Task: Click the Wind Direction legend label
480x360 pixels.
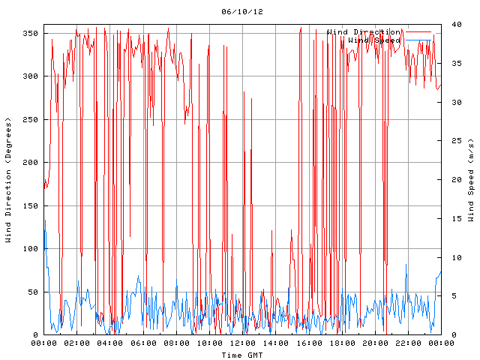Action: coord(364,32)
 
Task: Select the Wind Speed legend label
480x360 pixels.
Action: coord(374,40)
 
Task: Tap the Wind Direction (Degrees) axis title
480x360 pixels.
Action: coord(9,180)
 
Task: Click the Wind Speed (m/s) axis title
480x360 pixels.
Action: coord(471,180)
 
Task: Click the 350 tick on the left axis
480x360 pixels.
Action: coord(30,33)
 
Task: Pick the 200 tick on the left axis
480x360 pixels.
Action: coord(30,163)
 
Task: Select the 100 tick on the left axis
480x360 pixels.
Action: coord(30,249)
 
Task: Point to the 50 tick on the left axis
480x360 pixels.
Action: coord(32,292)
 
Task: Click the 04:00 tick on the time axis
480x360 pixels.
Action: coord(110,343)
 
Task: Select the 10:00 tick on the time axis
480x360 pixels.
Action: coord(209,343)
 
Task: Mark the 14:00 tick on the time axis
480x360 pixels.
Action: coord(275,343)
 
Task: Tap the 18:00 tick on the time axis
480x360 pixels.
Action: coord(342,343)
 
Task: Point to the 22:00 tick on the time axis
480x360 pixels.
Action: coord(408,343)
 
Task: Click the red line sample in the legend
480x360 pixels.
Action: coord(418,32)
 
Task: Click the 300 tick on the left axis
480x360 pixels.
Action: coord(30,76)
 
